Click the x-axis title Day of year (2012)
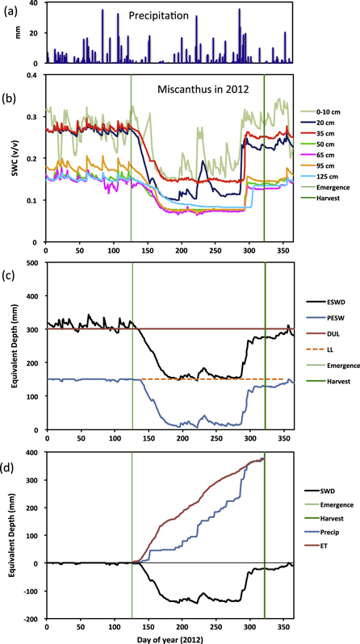click(167, 637)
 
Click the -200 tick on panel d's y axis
click(32, 619)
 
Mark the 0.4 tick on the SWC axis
click(35, 74)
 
